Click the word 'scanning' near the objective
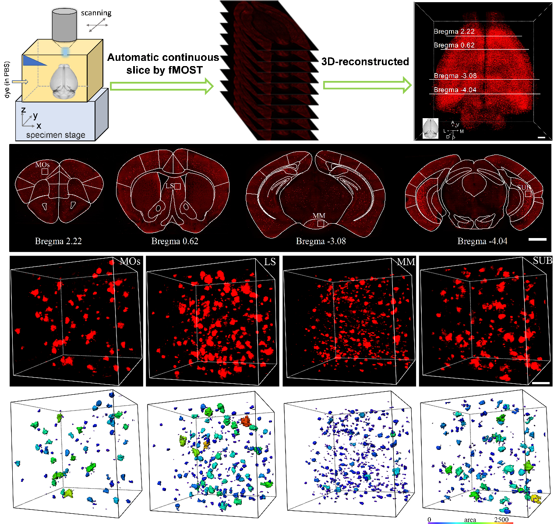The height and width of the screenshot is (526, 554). click(96, 13)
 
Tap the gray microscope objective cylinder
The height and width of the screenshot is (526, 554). click(64, 25)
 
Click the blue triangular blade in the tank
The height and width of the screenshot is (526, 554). click(35, 61)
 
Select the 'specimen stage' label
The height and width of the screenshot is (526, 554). click(56, 135)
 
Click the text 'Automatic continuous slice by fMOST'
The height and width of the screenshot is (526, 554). click(163, 63)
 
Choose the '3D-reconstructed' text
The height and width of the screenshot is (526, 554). click(365, 62)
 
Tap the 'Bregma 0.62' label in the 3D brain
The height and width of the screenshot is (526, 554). click(454, 45)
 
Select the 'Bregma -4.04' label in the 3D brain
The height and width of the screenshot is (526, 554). click(455, 90)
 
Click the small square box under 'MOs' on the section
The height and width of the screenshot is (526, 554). click(45, 172)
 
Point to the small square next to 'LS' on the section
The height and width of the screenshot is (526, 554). click(177, 186)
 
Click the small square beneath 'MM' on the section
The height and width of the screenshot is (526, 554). click(321, 224)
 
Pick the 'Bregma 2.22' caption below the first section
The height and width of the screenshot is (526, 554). click(58, 241)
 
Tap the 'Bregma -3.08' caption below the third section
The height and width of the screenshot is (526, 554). click(321, 241)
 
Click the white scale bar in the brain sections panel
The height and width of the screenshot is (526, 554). click(537, 239)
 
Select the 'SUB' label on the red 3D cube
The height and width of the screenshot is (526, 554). click(542, 261)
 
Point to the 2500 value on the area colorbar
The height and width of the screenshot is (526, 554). click(501, 520)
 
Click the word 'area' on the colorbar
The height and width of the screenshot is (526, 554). click(470, 520)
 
